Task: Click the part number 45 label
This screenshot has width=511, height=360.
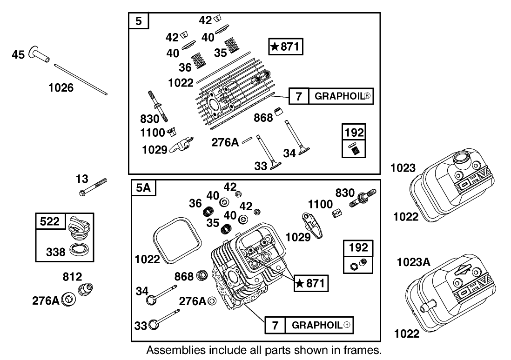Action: [19, 55]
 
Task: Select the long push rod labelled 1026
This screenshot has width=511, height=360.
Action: [81, 79]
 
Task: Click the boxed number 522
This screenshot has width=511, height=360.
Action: [49, 222]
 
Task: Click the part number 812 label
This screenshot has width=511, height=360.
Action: [73, 277]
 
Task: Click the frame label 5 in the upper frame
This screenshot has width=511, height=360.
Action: [138, 21]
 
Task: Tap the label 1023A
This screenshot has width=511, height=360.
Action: [413, 262]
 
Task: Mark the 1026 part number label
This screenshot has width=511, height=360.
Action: [61, 87]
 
